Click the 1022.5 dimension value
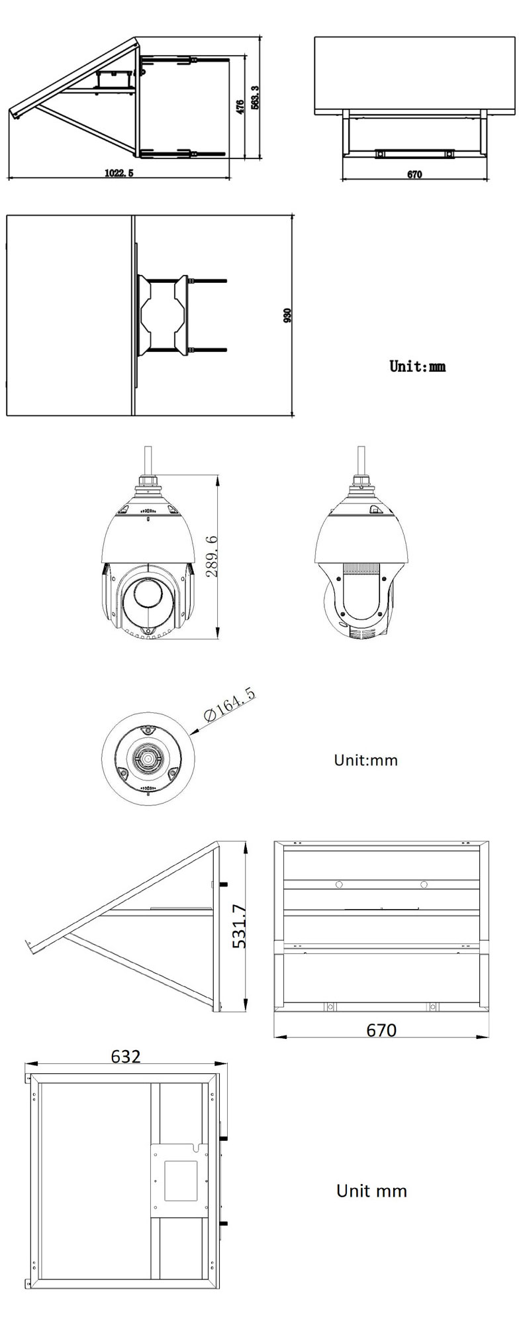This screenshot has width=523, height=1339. click(119, 173)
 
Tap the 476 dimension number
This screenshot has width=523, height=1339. click(240, 106)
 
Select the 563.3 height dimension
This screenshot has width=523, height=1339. click(255, 97)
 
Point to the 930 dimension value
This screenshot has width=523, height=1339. click(287, 315)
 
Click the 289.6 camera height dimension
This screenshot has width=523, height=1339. click(212, 557)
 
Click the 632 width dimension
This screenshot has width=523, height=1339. click(126, 1056)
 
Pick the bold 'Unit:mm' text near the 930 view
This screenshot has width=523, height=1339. click(417, 366)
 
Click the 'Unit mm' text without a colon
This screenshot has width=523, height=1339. click(371, 1191)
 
